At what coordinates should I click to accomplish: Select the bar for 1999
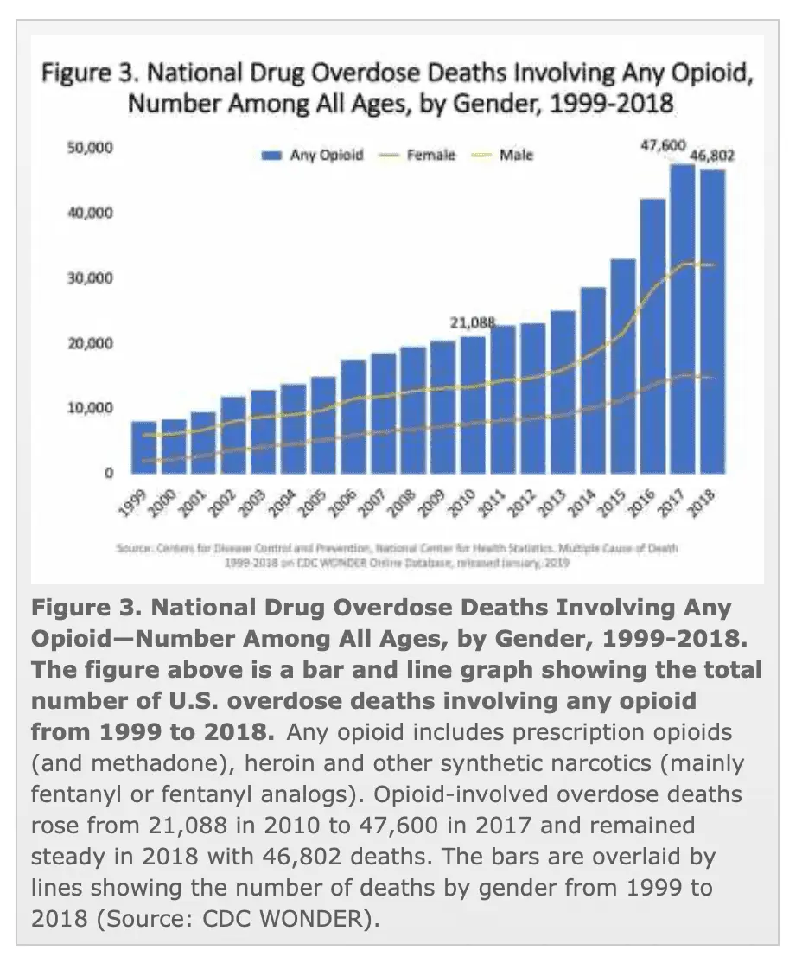144,447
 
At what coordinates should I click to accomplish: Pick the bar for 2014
593,379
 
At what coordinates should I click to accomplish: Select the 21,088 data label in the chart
473,322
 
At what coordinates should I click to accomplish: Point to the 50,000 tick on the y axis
90,148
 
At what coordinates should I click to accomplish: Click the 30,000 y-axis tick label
90,278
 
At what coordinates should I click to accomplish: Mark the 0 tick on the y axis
108,473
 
